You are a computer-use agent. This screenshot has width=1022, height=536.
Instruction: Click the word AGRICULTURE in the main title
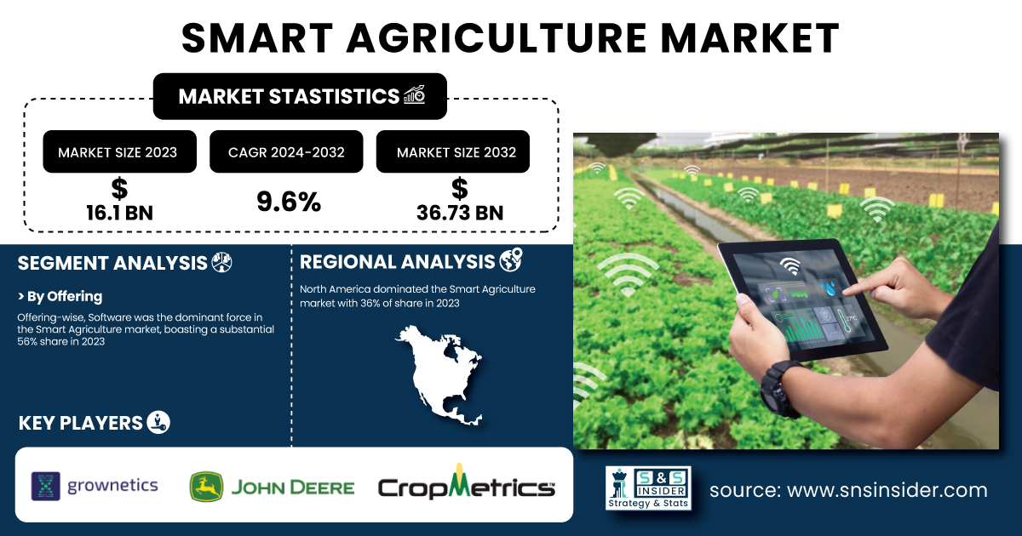tap(497, 38)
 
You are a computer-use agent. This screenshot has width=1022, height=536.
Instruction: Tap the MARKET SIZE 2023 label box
tap(119, 151)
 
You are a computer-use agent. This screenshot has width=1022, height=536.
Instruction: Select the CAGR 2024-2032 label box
tap(286, 151)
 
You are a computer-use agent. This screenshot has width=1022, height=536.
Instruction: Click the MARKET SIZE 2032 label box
tap(452, 151)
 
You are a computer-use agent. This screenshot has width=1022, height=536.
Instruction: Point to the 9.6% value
tap(289, 201)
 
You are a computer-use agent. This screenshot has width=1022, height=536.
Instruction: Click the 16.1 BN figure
tap(119, 213)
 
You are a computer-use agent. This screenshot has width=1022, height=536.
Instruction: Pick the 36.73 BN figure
tap(460, 213)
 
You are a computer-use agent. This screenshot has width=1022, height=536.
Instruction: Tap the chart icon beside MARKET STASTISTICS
tap(415, 94)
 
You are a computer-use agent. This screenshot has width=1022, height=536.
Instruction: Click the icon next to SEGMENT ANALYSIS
tap(221, 263)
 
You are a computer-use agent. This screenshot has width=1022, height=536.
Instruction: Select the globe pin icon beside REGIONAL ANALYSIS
tap(511, 260)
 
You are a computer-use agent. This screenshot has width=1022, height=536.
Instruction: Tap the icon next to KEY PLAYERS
tap(158, 423)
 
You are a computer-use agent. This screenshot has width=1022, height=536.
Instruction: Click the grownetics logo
tap(95, 486)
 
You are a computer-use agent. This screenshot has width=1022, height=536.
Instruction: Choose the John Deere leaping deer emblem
tap(206, 487)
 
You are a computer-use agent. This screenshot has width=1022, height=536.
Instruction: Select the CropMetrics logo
tap(467, 483)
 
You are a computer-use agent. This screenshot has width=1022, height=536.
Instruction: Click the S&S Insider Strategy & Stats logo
tap(648, 488)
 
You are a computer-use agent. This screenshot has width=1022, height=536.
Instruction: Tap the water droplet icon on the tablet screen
tap(828, 288)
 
